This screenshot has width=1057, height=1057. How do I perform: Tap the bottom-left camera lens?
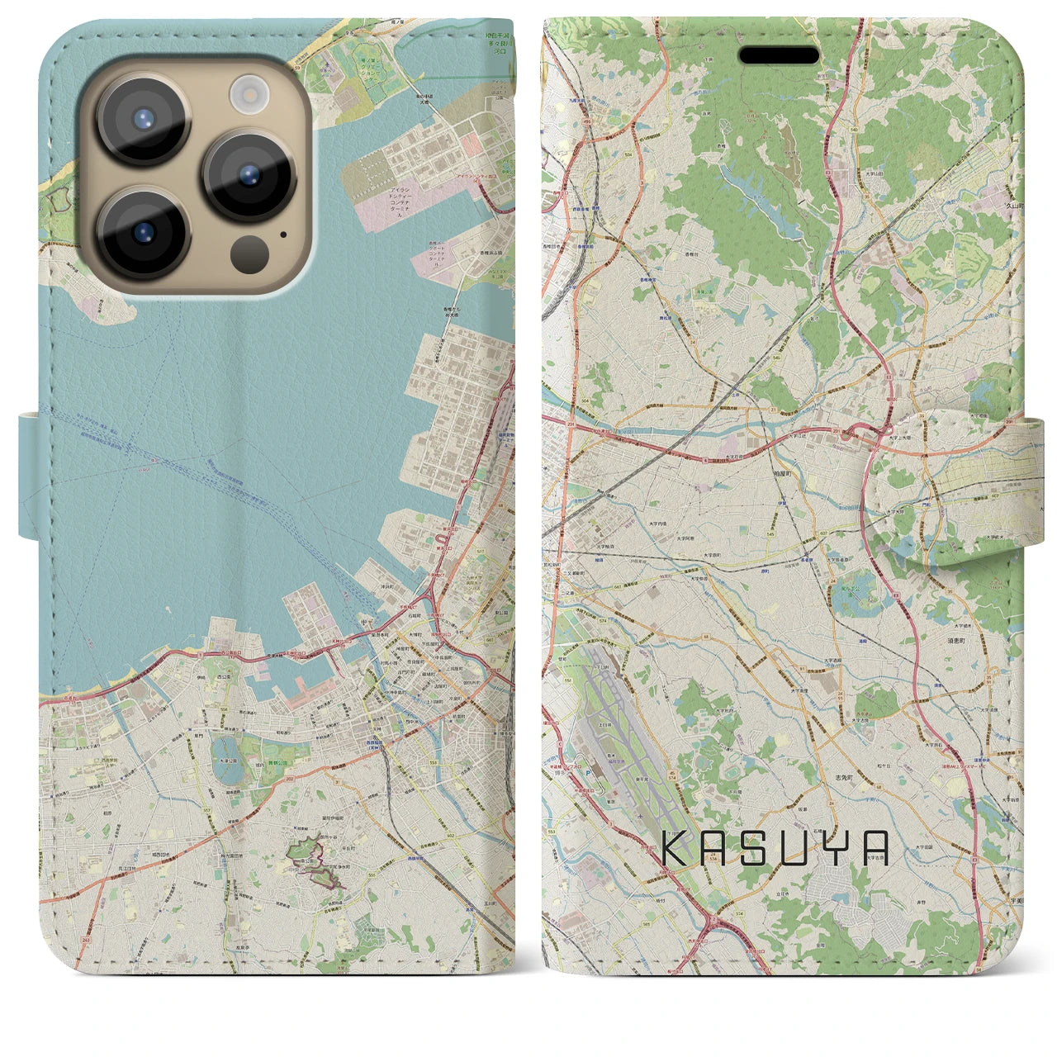click(143, 232)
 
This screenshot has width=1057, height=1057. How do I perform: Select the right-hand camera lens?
click(249, 175)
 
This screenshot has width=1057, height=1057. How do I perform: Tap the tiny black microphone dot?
click(283, 235)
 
